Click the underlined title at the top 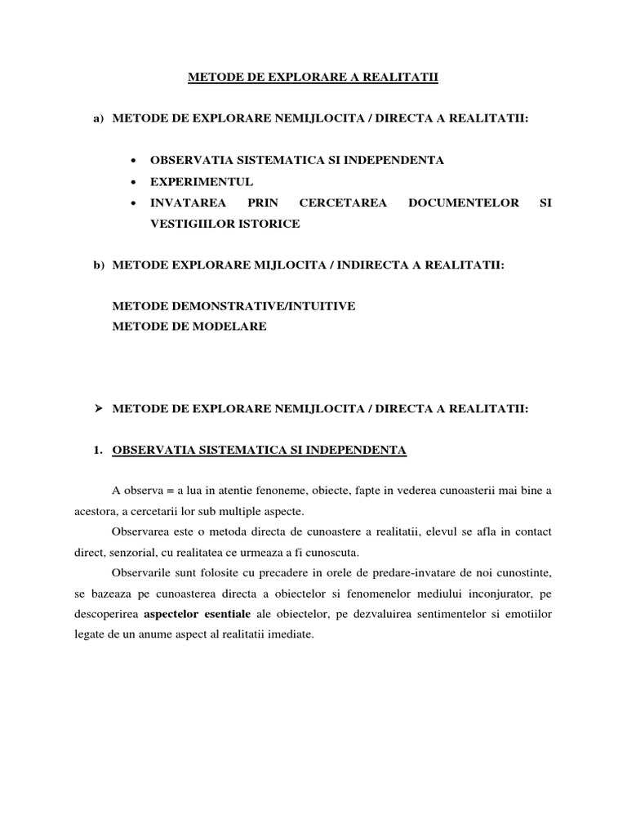pos(313,78)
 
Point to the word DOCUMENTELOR pos(463,202)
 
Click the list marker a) pos(100,119)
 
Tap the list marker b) pos(100,265)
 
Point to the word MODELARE pos(233,327)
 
